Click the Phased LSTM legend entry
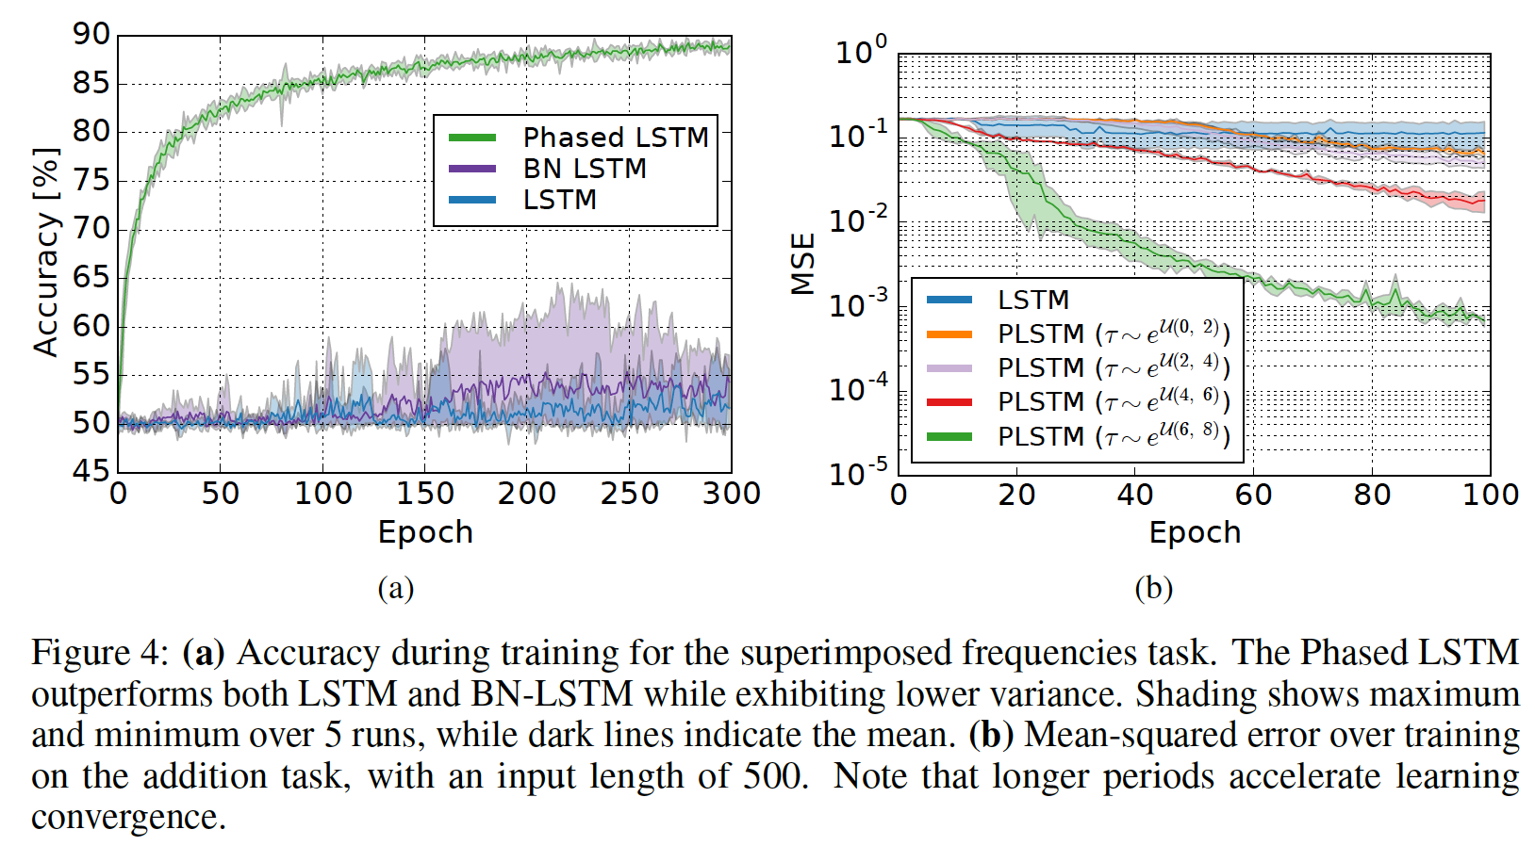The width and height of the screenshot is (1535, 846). (615, 138)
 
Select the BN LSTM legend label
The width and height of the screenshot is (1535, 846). (585, 169)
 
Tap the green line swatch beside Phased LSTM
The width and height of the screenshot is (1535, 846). (472, 138)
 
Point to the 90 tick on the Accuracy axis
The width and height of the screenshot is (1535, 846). (91, 35)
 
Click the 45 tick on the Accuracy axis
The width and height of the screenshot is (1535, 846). (91, 470)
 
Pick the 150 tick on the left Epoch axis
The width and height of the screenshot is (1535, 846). (425, 494)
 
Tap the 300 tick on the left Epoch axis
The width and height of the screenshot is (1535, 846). (731, 494)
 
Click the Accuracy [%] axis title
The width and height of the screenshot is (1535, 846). (45, 252)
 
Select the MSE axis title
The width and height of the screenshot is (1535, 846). (802, 264)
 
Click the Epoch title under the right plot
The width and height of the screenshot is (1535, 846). (1195, 533)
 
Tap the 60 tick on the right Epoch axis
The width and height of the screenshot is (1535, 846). (1253, 495)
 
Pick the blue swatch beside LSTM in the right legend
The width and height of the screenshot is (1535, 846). (949, 301)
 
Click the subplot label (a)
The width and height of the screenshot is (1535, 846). (396, 589)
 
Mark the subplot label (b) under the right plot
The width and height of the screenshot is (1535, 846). (1153, 589)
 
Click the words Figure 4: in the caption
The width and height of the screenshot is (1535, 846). (100, 653)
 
